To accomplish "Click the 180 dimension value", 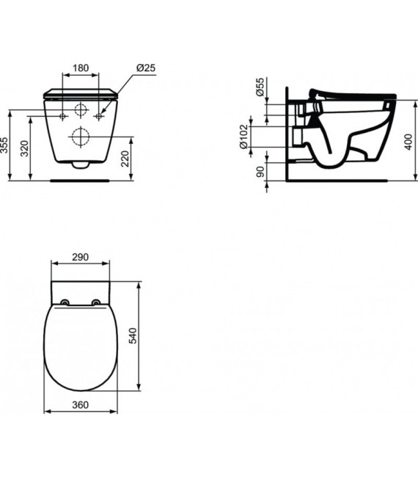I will pyautogui.click(x=81, y=68).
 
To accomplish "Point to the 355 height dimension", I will pyautogui.click(x=5, y=145).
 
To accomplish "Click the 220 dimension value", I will pyautogui.click(x=126, y=159).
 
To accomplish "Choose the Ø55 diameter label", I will pyautogui.click(x=259, y=88).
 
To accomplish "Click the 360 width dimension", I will pyautogui.click(x=81, y=405).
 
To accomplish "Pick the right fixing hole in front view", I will pyautogui.click(x=98, y=116).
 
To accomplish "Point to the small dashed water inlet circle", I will pyautogui.click(x=81, y=110).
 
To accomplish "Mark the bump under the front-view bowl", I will pyautogui.click(x=81, y=165).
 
